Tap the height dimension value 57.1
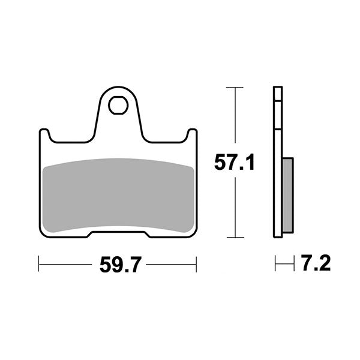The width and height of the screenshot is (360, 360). pos(235,161)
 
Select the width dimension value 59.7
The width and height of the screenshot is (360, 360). pos(117,263)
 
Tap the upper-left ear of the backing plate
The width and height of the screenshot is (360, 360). pos(44,136)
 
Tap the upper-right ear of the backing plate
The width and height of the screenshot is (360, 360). pos(191,136)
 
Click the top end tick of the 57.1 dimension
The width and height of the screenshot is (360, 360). pos(234,88)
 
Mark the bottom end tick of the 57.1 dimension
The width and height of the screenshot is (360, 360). pos(234,238)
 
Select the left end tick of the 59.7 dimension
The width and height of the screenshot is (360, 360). pos(39,263)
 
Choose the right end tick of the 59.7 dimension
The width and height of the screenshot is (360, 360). pos(196,263)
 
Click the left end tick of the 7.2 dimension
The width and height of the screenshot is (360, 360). pos(275,263)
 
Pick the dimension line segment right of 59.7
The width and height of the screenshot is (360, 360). pos(171,263)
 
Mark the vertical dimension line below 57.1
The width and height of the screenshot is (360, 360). pos(234,207)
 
